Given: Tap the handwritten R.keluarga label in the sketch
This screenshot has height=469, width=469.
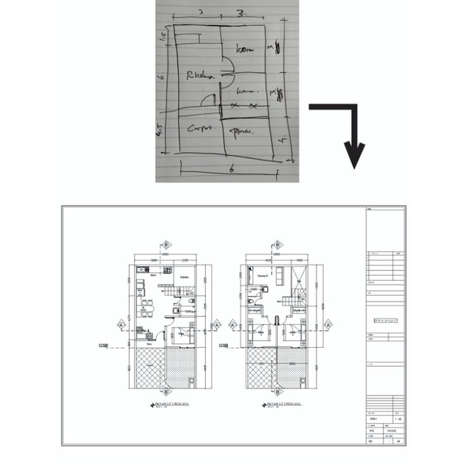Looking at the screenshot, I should [x=200, y=75].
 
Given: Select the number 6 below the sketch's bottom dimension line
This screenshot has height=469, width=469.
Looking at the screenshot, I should [x=230, y=170].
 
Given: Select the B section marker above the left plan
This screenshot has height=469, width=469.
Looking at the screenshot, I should [x=167, y=245].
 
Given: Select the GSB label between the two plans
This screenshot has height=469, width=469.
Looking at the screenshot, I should [x=223, y=346].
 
